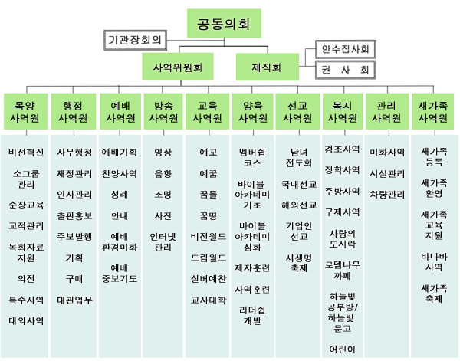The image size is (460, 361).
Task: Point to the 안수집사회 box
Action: [343, 50]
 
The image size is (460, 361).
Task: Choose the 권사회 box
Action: [343, 70]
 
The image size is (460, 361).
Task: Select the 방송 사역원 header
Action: [163, 112]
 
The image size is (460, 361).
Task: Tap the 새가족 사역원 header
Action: [434, 112]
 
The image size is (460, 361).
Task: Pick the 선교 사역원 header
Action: [297, 112]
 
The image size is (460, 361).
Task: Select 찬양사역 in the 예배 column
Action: [119, 174]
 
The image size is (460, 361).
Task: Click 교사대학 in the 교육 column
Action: [208, 300]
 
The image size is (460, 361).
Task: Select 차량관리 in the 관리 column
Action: [386, 195]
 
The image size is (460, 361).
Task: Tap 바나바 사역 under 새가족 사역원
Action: [434, 261]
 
